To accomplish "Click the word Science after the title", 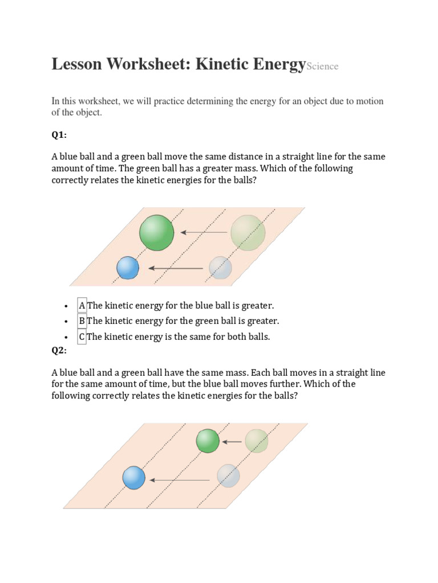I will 322,67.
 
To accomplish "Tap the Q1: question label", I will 59,135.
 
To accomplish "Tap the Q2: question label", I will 59,350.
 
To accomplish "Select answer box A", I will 82,306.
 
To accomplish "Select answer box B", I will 82,321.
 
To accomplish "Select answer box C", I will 82,336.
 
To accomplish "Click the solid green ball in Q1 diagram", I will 157,232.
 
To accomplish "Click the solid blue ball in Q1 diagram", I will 128,268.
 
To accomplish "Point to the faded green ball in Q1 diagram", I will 248,232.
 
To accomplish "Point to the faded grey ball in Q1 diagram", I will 220,268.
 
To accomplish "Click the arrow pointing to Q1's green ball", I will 204,232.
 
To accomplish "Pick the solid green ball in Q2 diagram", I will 208,441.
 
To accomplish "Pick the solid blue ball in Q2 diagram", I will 134,478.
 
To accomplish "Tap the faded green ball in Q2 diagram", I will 257,441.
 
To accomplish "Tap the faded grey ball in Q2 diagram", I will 228,476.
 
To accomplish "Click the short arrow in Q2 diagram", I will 232,441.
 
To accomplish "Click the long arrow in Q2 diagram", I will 180,480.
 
